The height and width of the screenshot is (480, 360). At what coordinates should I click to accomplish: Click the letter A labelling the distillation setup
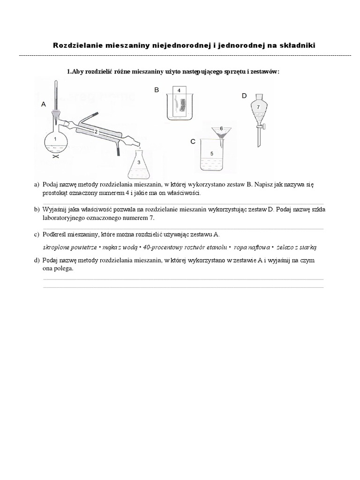(44, 105)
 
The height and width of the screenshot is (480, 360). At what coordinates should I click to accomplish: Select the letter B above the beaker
(157, 90)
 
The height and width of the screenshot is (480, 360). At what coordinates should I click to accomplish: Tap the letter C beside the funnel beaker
(193, 141)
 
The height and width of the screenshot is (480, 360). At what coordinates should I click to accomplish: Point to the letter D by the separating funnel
(244, 96)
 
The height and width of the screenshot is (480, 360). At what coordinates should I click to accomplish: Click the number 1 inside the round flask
(55, 139)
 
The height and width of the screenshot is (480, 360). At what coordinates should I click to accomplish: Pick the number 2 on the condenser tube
(96, 132)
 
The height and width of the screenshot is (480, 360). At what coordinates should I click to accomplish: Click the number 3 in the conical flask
(139, 162)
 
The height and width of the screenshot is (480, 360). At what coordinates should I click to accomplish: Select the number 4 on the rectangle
(179, 90)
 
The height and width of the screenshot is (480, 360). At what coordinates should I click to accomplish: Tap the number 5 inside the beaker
(211, 153)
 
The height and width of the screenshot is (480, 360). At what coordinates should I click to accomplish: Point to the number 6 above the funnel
(221, 128)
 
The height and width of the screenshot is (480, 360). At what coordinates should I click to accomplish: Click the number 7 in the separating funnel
(257, 107)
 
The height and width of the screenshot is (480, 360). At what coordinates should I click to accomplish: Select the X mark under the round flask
(55, 157)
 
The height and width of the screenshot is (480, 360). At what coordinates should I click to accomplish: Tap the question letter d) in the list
(37, 260)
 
